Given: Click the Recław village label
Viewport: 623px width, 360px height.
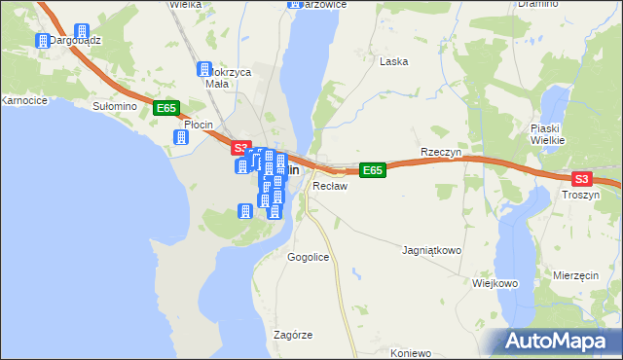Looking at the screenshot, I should (x=329, y=185).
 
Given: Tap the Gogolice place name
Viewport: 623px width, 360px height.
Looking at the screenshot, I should (x=309, y=258).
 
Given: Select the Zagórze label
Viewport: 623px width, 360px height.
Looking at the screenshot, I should (x=293, y=335).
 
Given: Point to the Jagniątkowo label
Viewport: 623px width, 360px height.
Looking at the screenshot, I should (x=431, y=250).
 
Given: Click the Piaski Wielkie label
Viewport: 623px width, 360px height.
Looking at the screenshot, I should (x=548, y=134).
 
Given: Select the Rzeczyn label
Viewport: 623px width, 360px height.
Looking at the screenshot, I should (x=440, y=153).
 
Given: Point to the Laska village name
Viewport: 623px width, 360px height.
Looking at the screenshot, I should (x=393, y=61).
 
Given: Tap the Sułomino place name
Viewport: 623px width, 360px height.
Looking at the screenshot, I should (x=112, y=105).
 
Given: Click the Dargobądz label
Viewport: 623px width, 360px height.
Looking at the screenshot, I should (x=76, y=41).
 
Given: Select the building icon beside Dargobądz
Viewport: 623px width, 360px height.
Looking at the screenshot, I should (x=43, y=41).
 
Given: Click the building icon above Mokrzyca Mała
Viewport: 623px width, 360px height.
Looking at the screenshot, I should (x=204, y=70).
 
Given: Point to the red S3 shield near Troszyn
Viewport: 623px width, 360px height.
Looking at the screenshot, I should (x=581, y=179).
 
